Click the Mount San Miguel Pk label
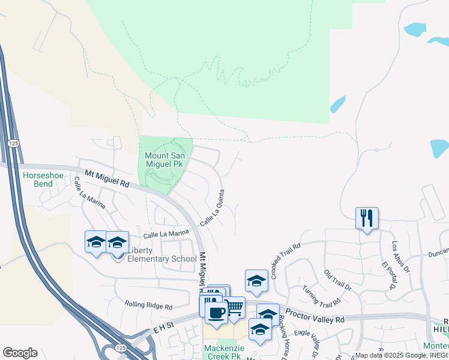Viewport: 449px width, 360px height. pyautogui.click(x=166, y=160)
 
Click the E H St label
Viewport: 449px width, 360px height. pyautogui.click(x=163, y=328)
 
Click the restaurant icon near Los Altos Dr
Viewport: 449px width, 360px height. pyautogui.click(x=367, y=218)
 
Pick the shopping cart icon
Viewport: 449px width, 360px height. pyautogui.click(x=234, y=307)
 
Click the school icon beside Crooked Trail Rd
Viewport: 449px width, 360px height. pyautogui.click(x=256, y=280)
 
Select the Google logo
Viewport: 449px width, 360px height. pyautogui.click(x=20, y=353)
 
